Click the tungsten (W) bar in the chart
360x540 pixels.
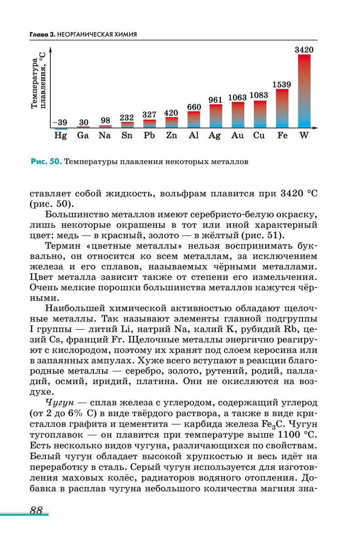[304, 91]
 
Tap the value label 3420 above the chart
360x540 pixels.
[304, 50]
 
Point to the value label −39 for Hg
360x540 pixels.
[60, 122]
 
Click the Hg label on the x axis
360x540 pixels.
[60, 135]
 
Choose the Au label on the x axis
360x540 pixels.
[238, 135]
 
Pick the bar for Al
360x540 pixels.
[194, 119]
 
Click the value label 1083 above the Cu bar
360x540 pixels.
[259, 95]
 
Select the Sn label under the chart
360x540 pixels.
[127, 135]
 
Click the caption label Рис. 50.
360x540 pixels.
[46, 161]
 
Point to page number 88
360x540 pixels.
[36, 510]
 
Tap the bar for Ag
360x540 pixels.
[216, 116]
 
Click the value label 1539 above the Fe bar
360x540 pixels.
[282, 84]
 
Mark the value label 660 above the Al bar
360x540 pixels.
[194, 107]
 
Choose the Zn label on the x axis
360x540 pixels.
[171, 135]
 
